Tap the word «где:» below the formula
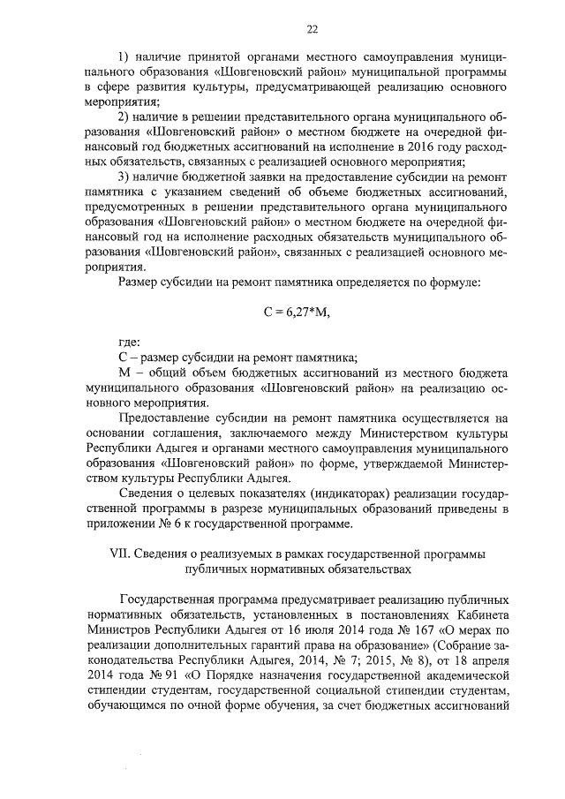[129, 342]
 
